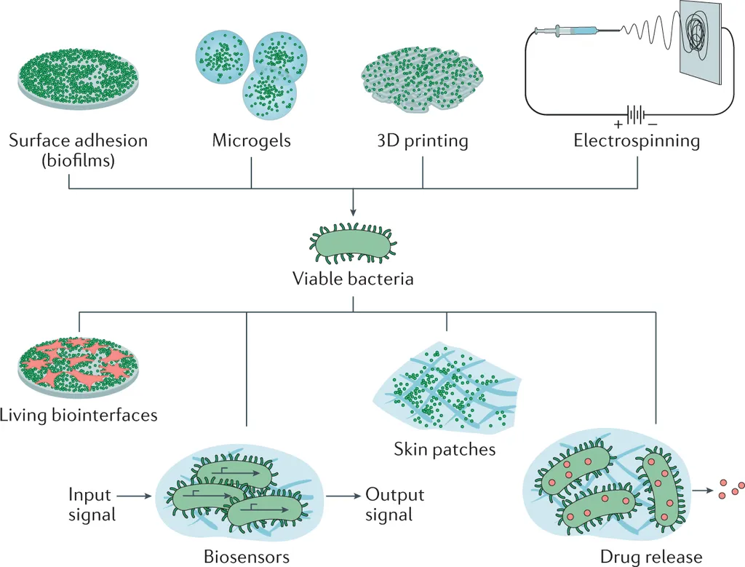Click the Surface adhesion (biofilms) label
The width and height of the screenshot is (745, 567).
point(79,150)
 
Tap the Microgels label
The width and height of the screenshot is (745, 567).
point(251,140)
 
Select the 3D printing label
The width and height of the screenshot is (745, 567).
point(423,141)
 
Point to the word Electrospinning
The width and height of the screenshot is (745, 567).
point(637,141)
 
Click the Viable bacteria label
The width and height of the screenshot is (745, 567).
point(353,279)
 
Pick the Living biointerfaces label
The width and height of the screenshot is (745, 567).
point(79,415)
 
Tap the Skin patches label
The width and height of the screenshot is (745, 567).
point(445,449)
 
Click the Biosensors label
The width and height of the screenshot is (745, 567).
point(247,557)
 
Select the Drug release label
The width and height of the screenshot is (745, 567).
point(651,557)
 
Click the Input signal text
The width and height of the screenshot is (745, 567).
point(92,504)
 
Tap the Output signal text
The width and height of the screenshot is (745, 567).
point(394,504)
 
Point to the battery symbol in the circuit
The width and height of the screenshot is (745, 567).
point(636,114)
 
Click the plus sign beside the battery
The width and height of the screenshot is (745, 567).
point(618,125)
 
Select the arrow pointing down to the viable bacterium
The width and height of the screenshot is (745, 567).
point(353,202)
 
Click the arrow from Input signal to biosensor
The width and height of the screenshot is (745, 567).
point(135,496)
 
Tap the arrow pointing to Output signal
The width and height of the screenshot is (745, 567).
point(343,496)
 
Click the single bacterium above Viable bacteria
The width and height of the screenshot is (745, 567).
point(353,243)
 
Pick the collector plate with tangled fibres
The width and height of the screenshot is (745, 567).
point(701,41)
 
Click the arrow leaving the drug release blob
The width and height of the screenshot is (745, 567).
point(703,491)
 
